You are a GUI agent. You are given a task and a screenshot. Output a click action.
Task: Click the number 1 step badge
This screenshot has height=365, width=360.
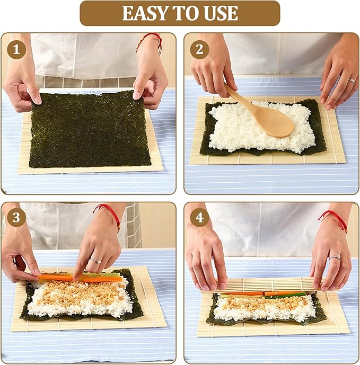(16, 50)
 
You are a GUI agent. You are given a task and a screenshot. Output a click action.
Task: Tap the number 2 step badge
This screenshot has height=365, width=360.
(200, 50)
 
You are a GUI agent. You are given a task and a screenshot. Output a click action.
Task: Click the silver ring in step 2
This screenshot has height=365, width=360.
(352, 81)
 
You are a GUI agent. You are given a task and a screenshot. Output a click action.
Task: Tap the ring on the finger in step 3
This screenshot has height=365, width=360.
(95, 261)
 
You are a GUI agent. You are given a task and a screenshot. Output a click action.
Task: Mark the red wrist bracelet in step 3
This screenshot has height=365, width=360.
(109, 212)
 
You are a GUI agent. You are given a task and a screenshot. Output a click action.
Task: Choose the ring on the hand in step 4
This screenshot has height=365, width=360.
(335, 257)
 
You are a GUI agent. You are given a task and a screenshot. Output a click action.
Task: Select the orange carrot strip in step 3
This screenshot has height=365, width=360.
(58, 277)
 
